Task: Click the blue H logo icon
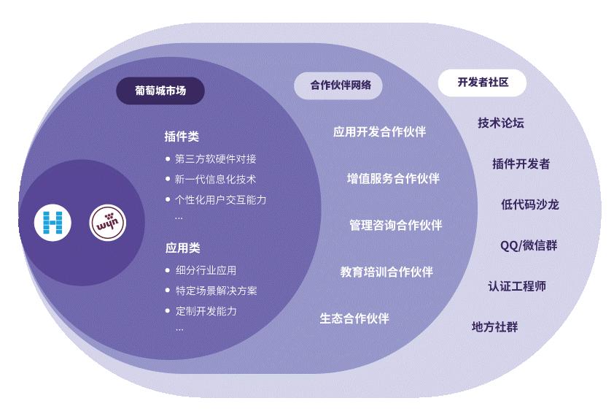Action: (x=53, y=223)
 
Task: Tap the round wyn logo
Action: (x=108, y=223)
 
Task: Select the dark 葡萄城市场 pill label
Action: (x=160, y=91)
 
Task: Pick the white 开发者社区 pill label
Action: (x=483, y=83)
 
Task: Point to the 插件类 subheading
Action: (x=182, y=137)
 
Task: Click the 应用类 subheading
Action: (x=182, y=248)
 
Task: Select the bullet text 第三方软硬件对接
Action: (x=215, y=158)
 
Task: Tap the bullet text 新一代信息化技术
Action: (x=215, y=179)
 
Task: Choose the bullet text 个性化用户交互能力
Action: (x=220, y=199)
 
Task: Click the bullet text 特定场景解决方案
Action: (x=216, y=291)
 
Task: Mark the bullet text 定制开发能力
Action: (x=206, y=311)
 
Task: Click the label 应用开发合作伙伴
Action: (x=379, y=131)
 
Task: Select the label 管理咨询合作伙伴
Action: (x=395, y=225)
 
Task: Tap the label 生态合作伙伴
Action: (x=354, y=318)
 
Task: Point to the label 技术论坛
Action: (x=501, y=123)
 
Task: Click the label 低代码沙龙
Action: (x=529, y=204)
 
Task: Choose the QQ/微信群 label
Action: (x=528, y=245)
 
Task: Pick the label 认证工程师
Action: (x=517, y=286)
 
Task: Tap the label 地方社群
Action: (x=494, y=326)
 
